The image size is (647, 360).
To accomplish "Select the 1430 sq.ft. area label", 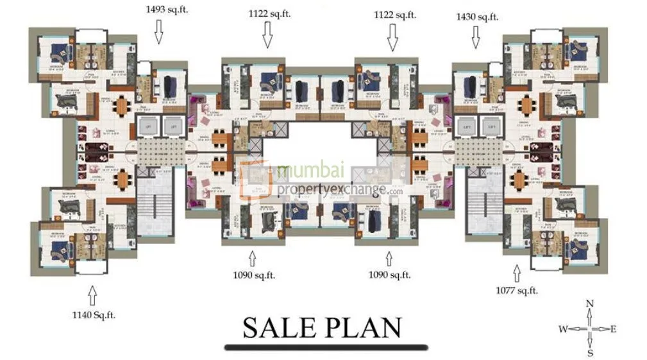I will click(x=476, y=17).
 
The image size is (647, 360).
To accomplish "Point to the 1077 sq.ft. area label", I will click(x=516, y=291).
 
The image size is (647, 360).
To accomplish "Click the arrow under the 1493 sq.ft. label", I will click(x=160, y=33).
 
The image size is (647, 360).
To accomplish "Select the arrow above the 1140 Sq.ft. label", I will click(x=92, y=296).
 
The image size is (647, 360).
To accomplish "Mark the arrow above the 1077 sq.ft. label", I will click(x=517, y=271).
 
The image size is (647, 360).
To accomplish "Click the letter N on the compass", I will click(x=590, y=304).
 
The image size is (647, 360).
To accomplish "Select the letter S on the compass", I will click(x=590, y=353).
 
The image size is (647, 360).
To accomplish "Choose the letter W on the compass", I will click(x=562, y=329).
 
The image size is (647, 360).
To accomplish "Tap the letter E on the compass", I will click(x=613, y=329).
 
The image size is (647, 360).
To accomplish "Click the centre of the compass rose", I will click(x=589, y=329).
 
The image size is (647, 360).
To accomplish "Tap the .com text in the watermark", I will click(x=394, y=191).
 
